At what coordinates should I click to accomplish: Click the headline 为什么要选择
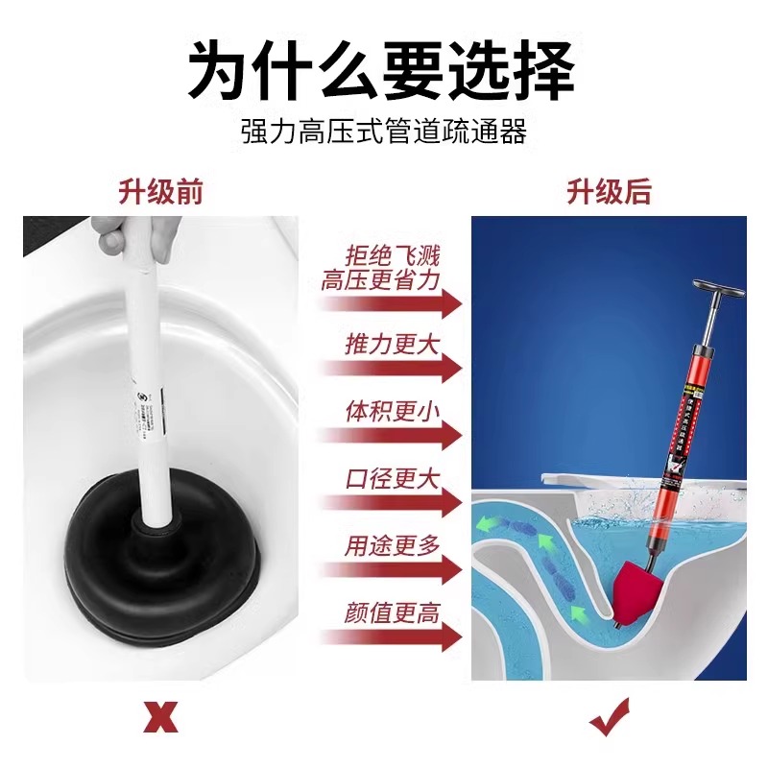(383, 70)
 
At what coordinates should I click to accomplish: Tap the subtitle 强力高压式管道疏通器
(383, 132)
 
